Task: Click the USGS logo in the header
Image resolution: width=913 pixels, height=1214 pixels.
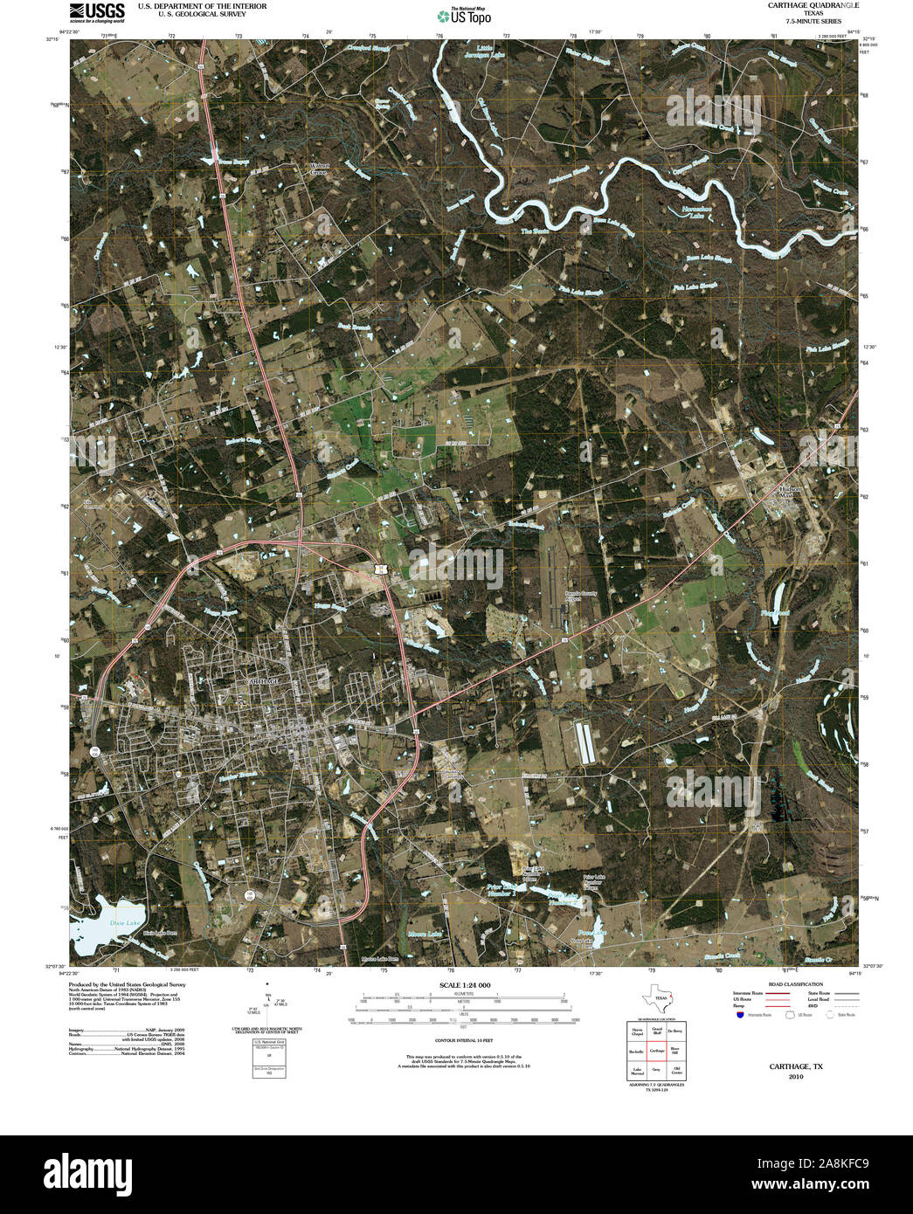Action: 97,11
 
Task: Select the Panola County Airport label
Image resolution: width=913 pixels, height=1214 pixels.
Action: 572,598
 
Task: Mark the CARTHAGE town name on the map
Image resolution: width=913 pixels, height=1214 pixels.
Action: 263,679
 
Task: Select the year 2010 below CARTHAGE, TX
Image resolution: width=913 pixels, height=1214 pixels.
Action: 795,1077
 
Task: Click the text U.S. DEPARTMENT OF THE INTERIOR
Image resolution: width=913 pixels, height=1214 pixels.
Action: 202,6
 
